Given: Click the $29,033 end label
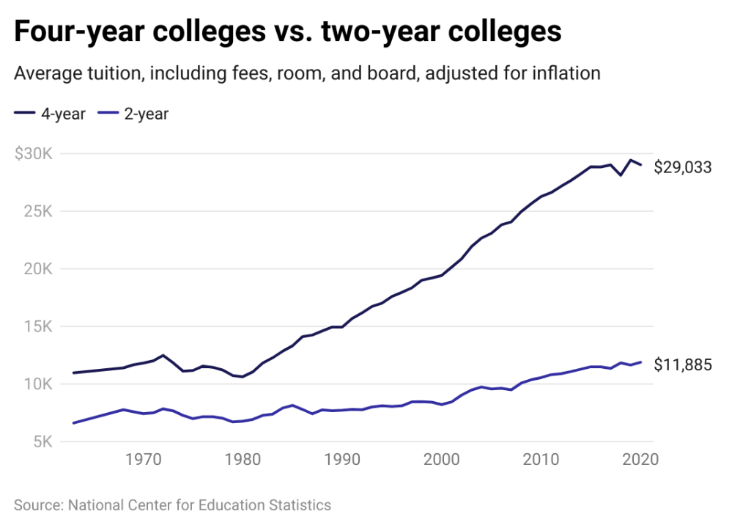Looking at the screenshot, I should [683, 167].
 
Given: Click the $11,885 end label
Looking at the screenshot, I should [683, 364].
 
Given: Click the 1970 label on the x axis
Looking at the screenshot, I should [143, 461].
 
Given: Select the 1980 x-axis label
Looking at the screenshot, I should [243, 461].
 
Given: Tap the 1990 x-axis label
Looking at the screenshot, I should [342, 461].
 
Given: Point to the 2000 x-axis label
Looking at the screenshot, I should [441, 461].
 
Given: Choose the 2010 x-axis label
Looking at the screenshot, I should [541, 461].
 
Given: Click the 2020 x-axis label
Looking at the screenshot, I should [640, 461].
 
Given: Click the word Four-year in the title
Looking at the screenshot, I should [83, 32].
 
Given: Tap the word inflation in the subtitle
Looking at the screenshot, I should [563, 74].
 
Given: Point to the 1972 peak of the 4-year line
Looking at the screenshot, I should [163, 355].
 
